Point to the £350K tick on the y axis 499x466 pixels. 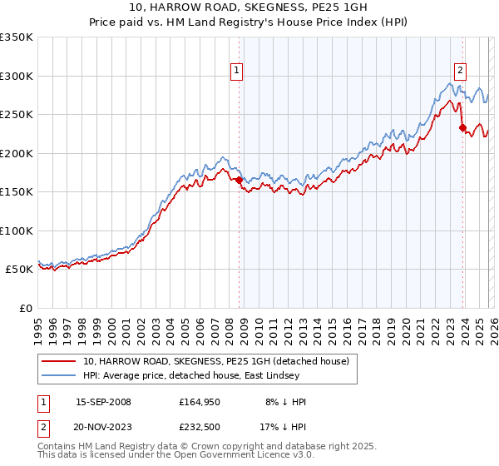[17, 37]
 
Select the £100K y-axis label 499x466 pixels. [17, 231]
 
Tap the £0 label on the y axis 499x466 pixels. [25, 308]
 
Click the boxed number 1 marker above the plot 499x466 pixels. [237, 72]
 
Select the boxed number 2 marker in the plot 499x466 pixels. [460, 72]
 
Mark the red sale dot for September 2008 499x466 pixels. [239, 180]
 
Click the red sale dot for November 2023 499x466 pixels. [462, 127]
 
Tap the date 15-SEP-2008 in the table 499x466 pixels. [103, 402]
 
